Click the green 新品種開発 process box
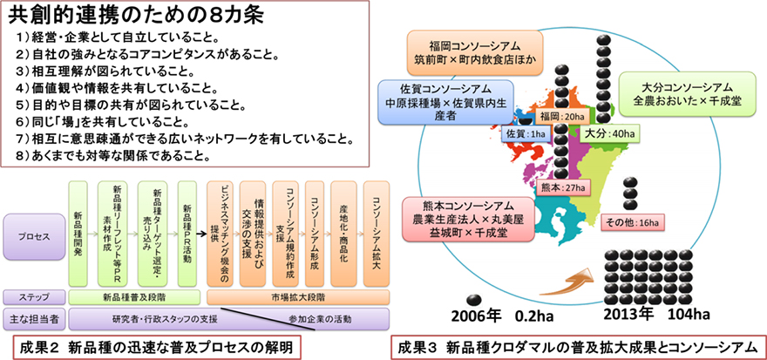coord(78,231)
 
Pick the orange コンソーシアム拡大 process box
coord(376,231)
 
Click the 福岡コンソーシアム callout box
coord(474,52)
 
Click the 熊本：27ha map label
coord(549,188)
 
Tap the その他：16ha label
coord(635,223)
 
